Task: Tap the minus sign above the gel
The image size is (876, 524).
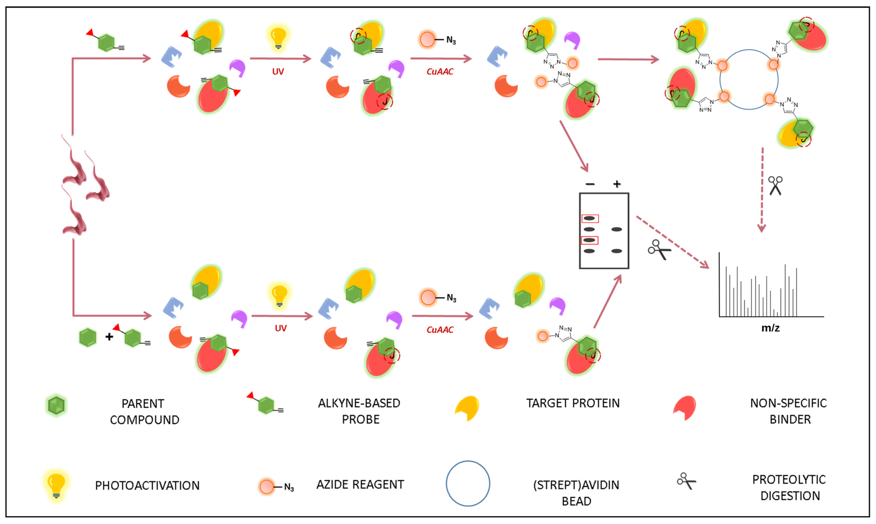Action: tap(590, 184)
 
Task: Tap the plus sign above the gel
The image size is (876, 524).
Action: tap(617, 184)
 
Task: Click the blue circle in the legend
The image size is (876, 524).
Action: tap(468, 483)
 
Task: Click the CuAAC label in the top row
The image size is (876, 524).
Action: tap(440, 72)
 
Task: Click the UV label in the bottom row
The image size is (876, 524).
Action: tap(281, 328)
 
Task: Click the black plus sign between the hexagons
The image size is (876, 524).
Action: tap(109, 337)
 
